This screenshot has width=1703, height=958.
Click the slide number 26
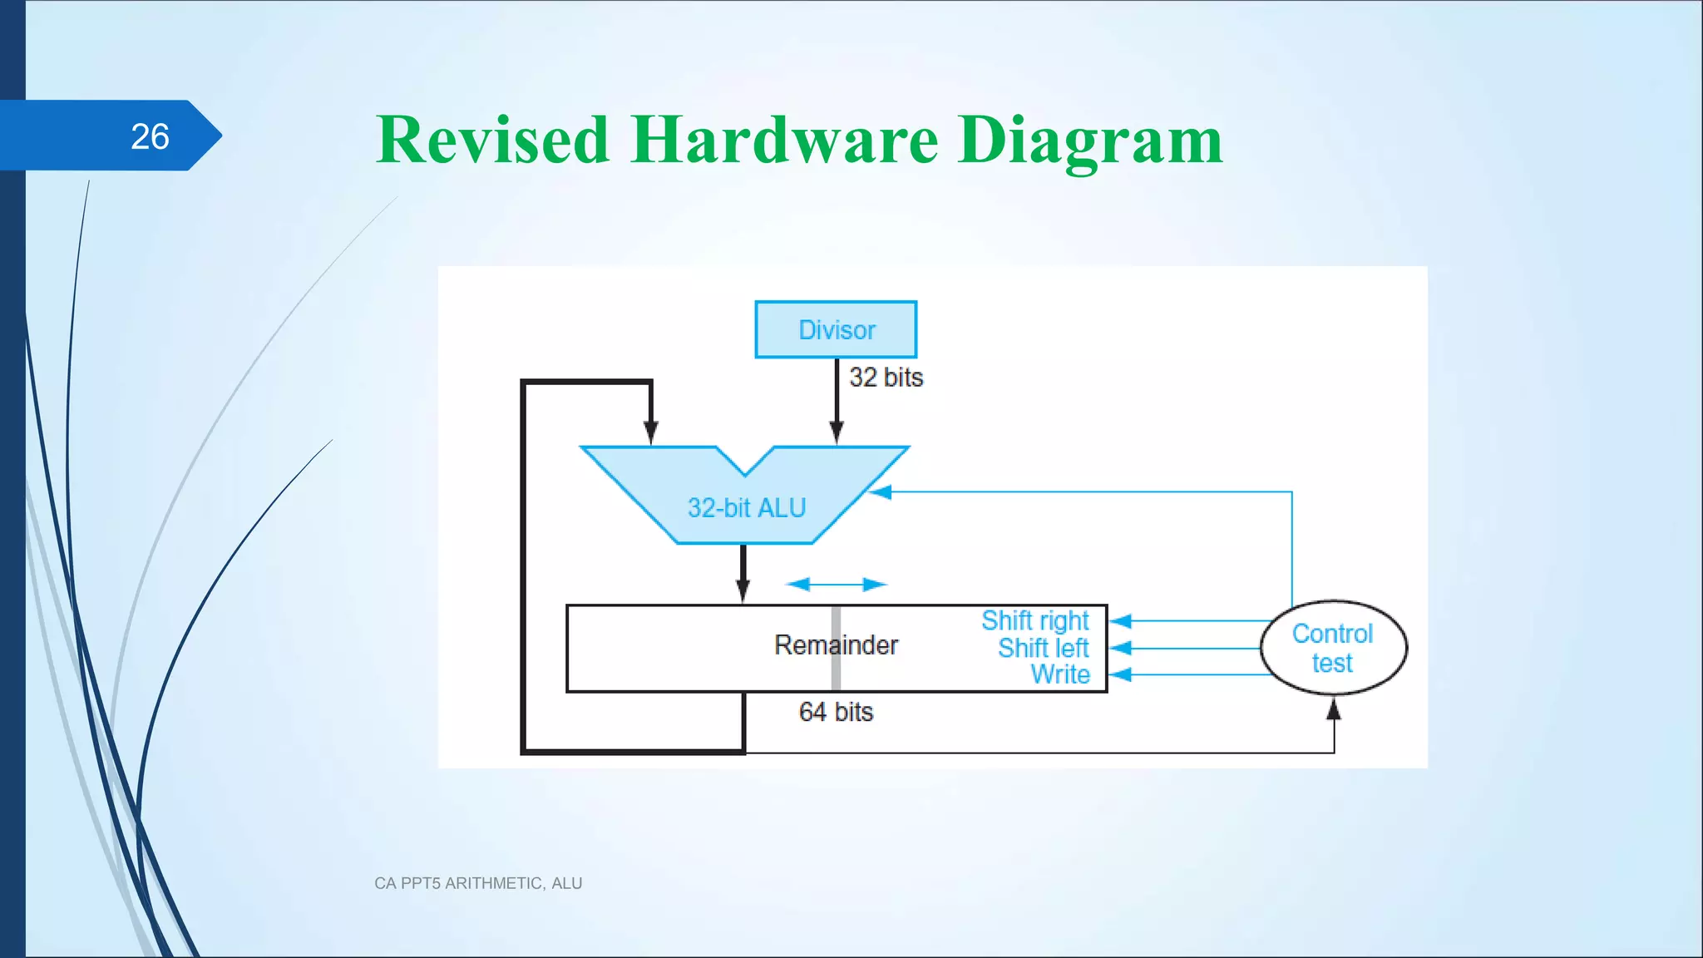pyautogui.click(x=150, y=136)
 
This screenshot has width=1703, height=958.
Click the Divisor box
pyautogui.click(x=836, y=330)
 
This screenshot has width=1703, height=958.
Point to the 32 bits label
pyautogui.click(x=886, y=378)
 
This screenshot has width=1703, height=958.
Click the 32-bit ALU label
pyautogui.click(x=747, y=507)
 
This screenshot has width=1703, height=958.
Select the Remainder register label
pyautogui.click(x=836, y=645)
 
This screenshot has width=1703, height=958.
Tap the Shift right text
pyautogui.click(x=1034, y=620)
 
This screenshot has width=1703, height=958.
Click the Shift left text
pyautogui.click(x=1043, y=648)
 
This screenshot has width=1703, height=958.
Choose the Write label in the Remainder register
pyautogui.click(x=1060, y=674)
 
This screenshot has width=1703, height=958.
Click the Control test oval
pyautogui.click(x=1333, y=648)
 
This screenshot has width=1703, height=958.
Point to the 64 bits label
pyautogui.click(x=836, y=712)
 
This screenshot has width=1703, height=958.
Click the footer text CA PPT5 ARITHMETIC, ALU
pyautogui.click(x=478, y=883)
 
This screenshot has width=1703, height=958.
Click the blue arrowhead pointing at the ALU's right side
pyautogui.click(x=881, y=492)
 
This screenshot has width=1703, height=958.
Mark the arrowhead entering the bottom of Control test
pyautogui.click(x=1334, y=709)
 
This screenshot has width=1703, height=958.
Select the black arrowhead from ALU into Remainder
pyautogui.click(x=743, y=590)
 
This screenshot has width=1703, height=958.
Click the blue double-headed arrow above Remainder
pyautogui.click(x=836, y=585)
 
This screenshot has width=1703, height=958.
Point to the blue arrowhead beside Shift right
pyautogui.click(x=1121, y=621)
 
